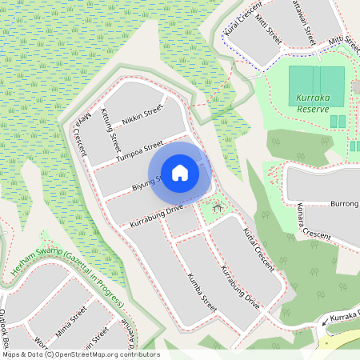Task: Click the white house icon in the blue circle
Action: pyautogui.click(x=180, y=172)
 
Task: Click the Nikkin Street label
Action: pyautogui.click(x=142, y=115)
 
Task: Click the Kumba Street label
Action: pyautogui.click(x=202, y=291)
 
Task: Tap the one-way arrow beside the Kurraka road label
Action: pyautogui.click(x=325, y=323)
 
